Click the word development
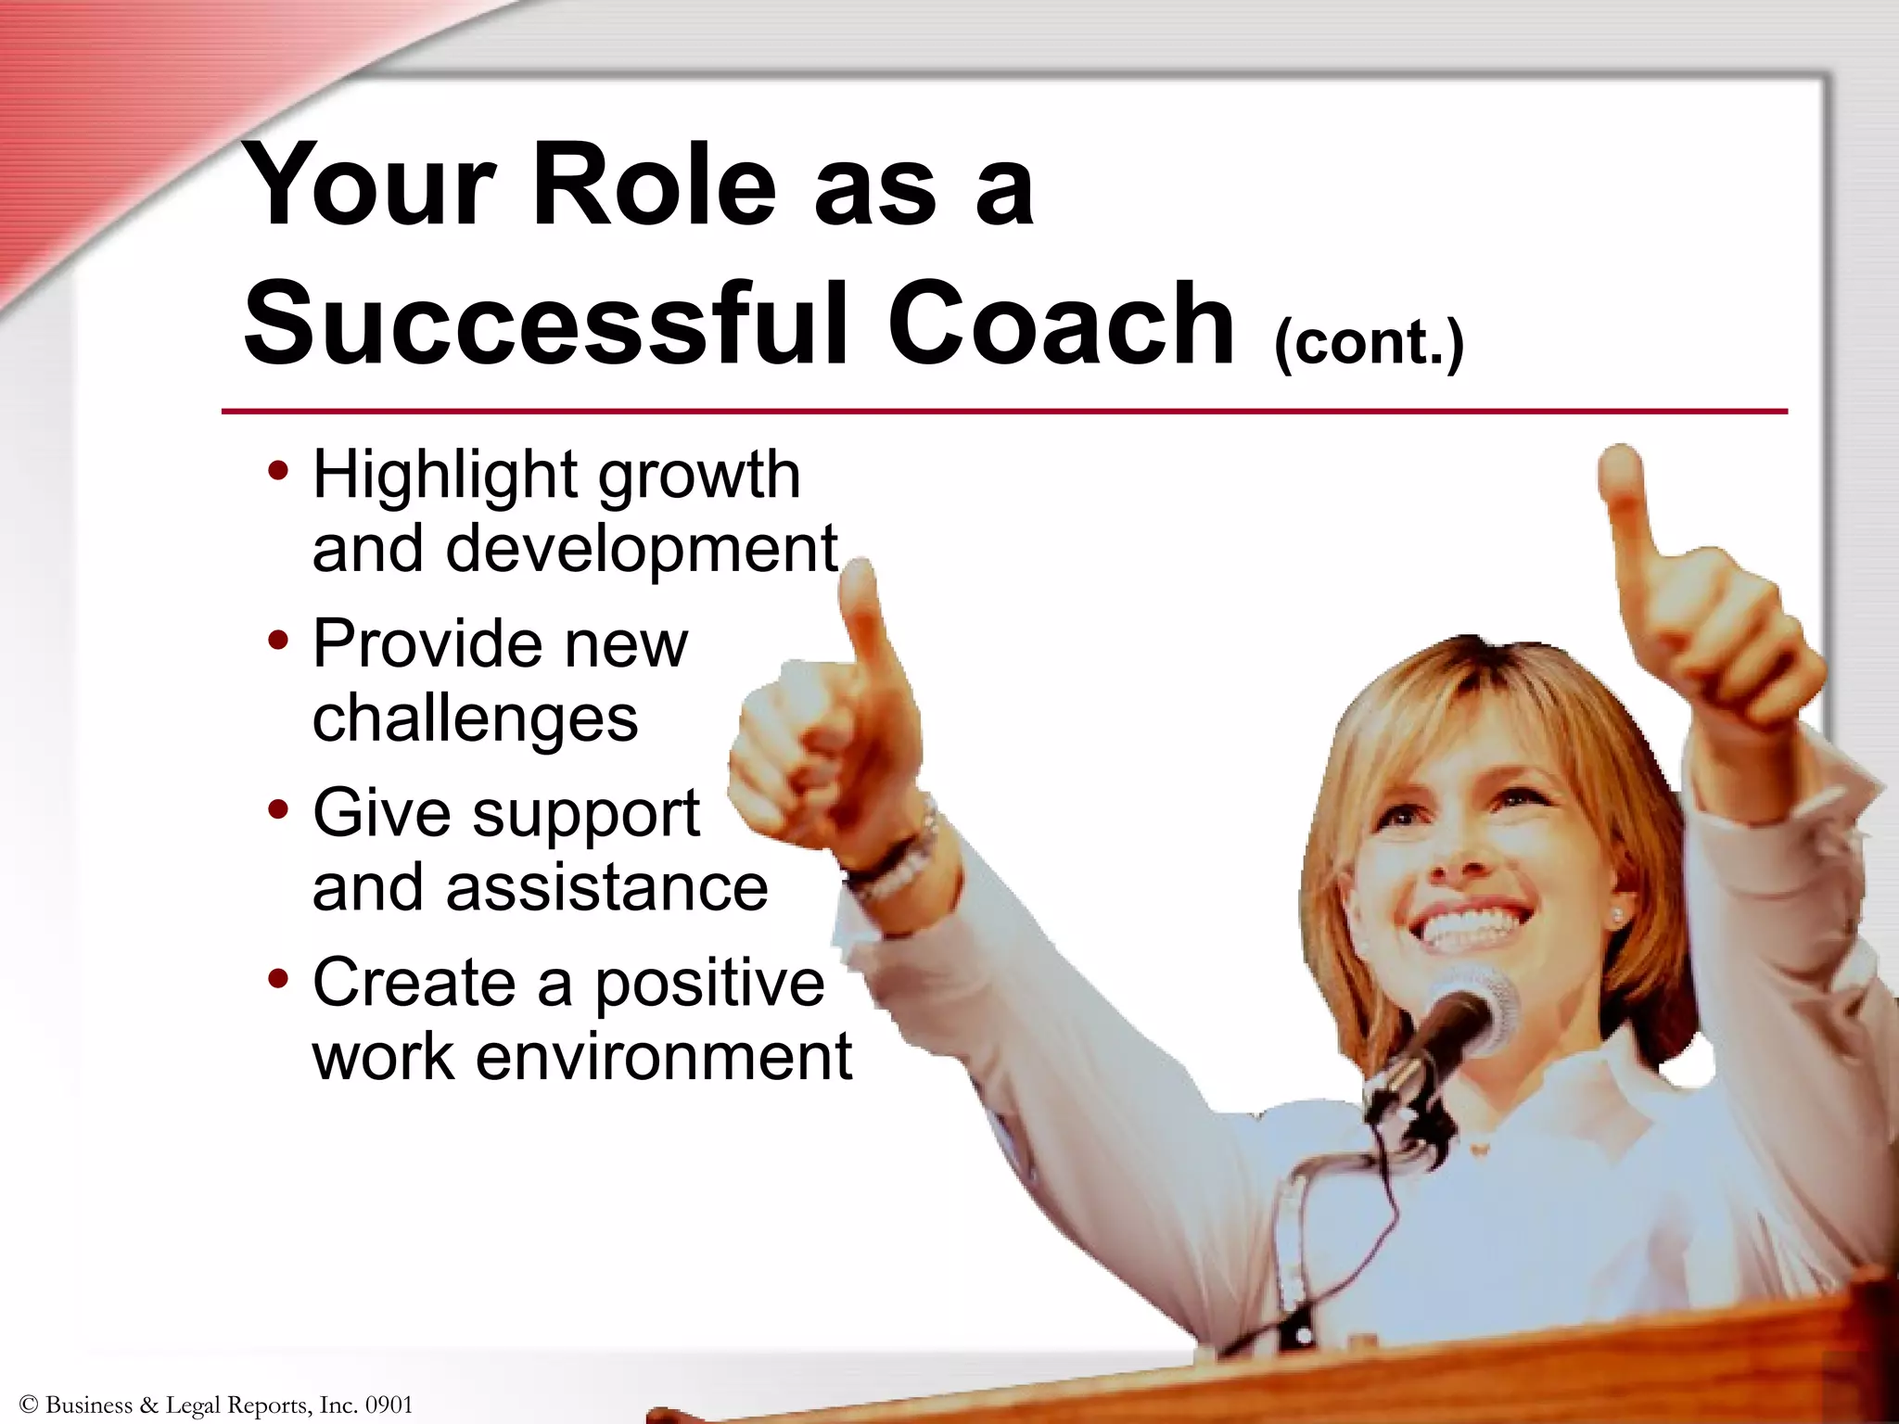click(x=642, y=548)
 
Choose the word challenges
click(x=475, y=718)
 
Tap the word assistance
click(x=607, y=887)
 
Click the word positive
click(x=709, y=982)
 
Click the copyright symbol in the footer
click(x=28, y=1405)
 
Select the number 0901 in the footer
click(x=389, y=1405)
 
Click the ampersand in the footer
click(x=149, y=1405)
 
